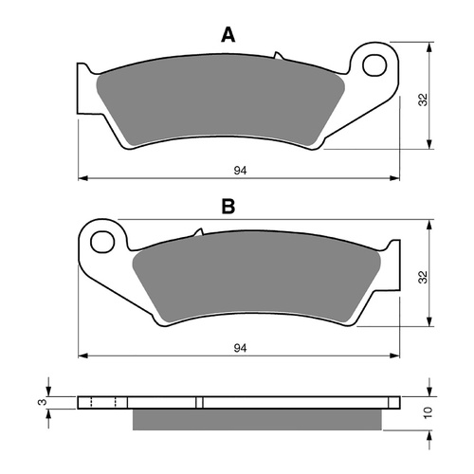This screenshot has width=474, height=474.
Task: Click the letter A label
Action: [x=228, y=35]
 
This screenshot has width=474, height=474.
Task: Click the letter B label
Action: [x=228, y=206]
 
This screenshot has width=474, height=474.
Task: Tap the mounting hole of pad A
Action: [x=375, y=65]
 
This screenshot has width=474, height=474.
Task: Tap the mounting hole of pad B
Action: [x=100, y=240]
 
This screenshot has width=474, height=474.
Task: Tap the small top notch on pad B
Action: [x=198, y=232]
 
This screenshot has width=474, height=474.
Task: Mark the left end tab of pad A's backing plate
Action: [x=82, y=82]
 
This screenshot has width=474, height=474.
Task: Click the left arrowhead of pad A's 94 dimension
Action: [x=82, y=177]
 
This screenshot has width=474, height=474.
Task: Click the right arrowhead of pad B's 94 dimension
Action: [x=395, y=356]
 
